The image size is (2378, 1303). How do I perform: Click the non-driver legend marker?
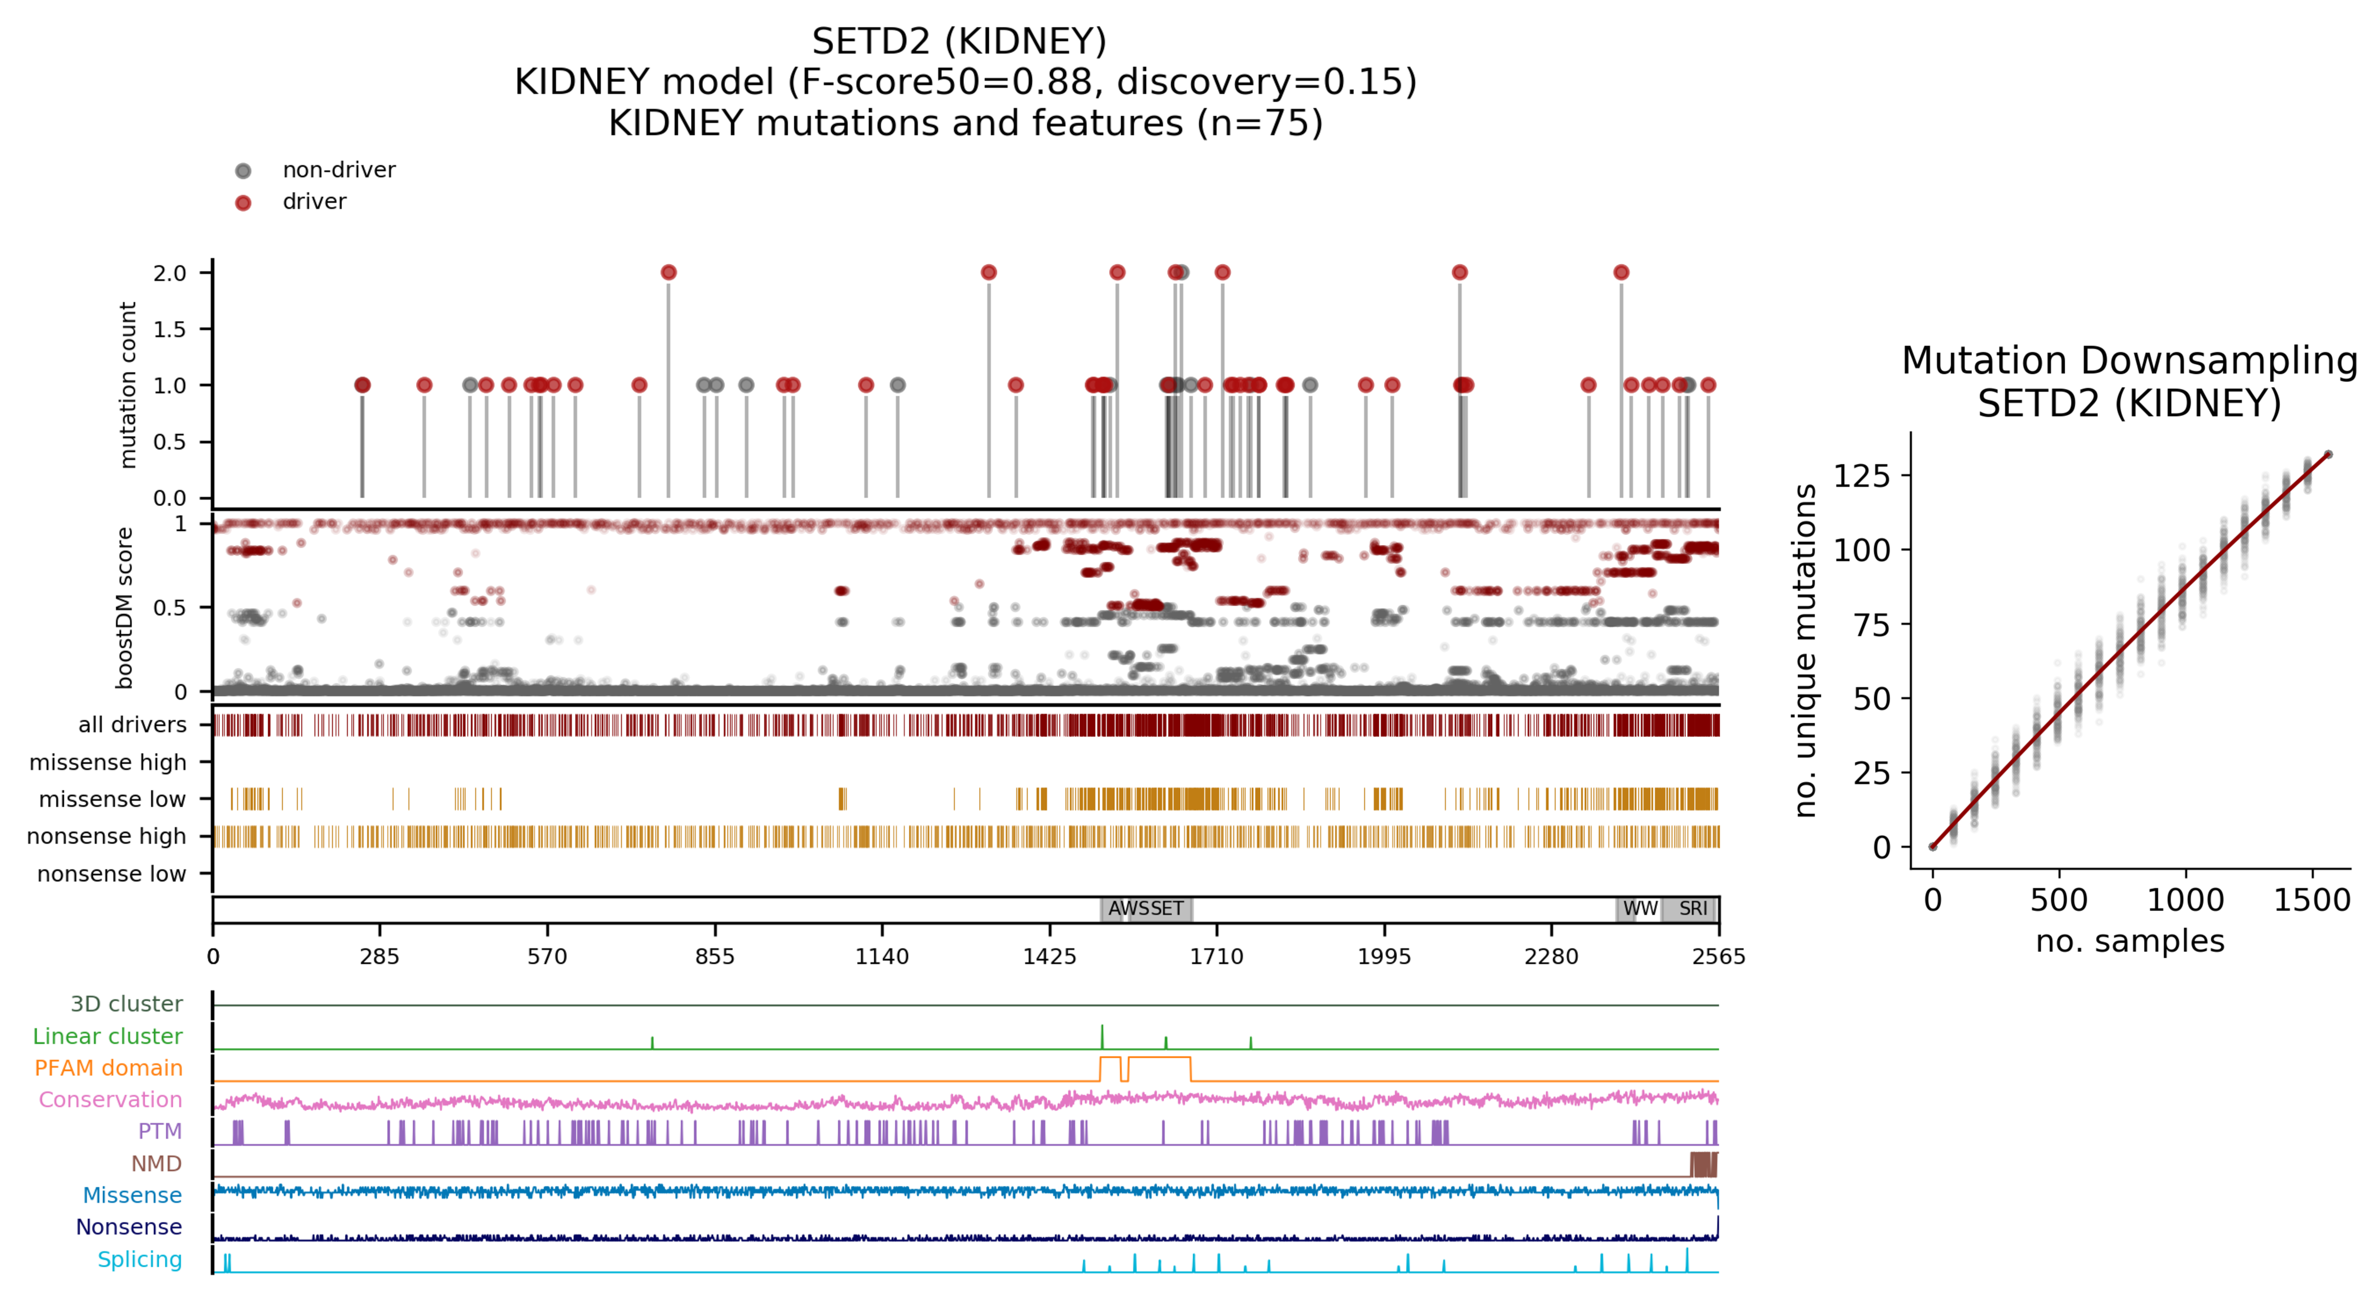click(x=243, y=171)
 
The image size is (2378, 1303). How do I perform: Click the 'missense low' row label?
click(x=112, y=799)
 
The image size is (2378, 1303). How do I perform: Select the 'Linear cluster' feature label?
click(x=107, y=1036)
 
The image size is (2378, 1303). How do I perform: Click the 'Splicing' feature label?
click(x=140, y=1259)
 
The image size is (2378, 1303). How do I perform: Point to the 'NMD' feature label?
click(x=156, y=1164)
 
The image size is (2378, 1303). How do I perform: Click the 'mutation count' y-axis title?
click(x=128, y=385)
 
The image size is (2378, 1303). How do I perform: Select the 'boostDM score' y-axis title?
click(x=123, y=608)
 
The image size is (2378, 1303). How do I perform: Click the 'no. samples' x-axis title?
click(x=2129, y=941)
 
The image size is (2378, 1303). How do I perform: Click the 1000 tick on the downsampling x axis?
click(x=2185, y=900)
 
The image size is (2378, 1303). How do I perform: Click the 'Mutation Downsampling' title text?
click(x=2129, y=361)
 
